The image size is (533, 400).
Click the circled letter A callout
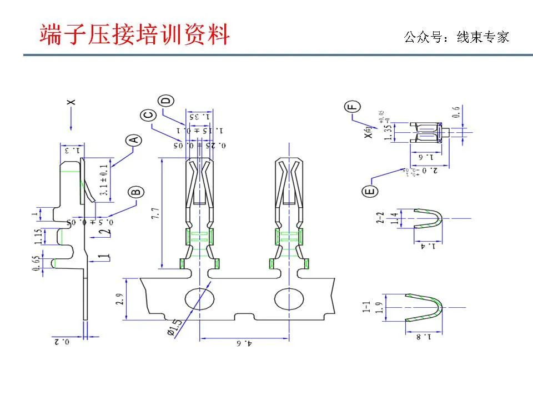point(134,140)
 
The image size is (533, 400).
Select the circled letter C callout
point(148,116)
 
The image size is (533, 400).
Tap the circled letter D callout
point(166,101)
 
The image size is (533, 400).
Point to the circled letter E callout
point(371,192)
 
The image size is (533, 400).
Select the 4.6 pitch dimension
point(245,344)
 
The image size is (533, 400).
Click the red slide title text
point(135,34)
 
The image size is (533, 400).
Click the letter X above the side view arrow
point(71,102)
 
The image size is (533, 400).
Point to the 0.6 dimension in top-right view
point(456,112)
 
